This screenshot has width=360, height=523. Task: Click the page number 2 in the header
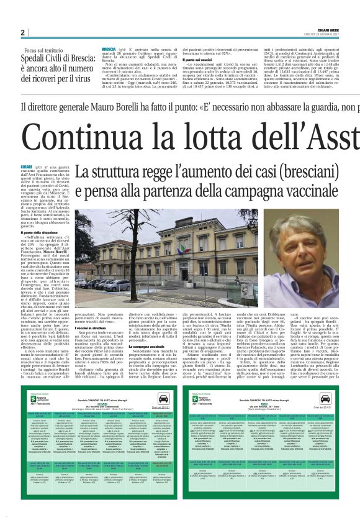[x=22, y=32]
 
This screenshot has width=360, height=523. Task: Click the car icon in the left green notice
[x=164, y=381]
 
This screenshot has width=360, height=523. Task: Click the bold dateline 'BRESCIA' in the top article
[x=108, y=48]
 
